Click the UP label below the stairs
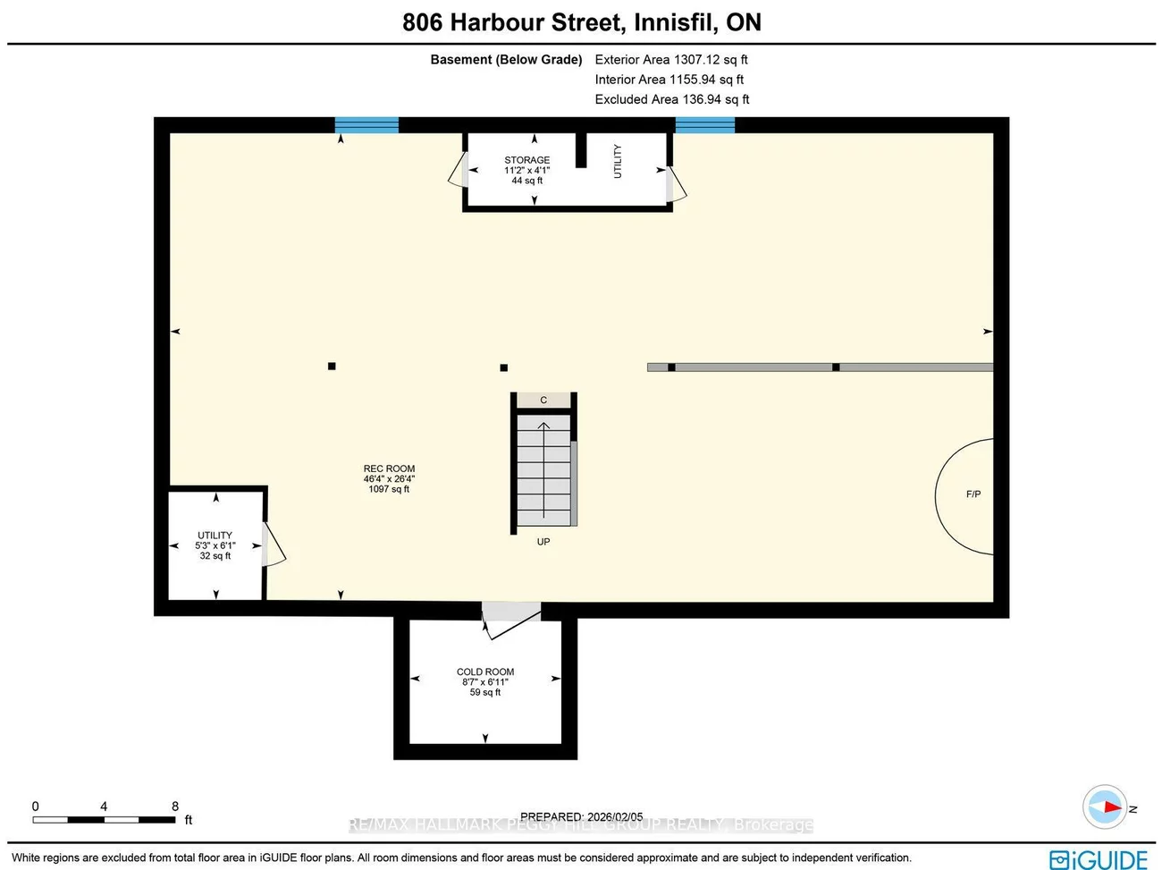(x=543, y=542)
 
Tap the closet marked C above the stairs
(x=543, y=401)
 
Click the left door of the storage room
(x=458, y=170)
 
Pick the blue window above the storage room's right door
(x=704, y=125)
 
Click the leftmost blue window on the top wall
(x=366, y=125)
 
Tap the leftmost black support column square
(x=332, y=366)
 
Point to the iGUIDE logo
(x=1099, y=859)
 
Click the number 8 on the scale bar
(x=175, y=807)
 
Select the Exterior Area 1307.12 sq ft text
(x=671, y=60)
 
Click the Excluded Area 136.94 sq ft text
(x=672, y=99)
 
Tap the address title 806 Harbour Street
(x=582, y=22)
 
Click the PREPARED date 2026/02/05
(x=582, y=816)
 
